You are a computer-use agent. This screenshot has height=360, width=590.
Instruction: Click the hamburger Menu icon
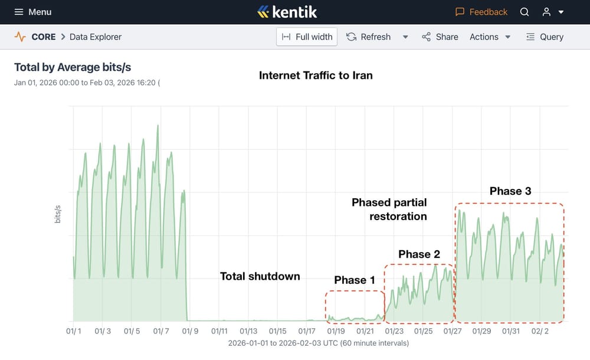pos(19,12)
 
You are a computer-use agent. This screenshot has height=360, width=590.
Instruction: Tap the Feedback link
pos(481,12)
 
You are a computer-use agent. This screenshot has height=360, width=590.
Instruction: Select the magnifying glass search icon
pos(525,12)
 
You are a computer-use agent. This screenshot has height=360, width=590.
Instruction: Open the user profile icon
pos(547,12)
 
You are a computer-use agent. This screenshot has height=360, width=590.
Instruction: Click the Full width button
pos(307,37)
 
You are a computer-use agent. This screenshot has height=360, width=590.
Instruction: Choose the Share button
pos(440,37)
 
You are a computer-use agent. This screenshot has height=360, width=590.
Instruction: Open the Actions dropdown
pos(490,37)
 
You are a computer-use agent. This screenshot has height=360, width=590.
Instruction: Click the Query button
pos(545,37)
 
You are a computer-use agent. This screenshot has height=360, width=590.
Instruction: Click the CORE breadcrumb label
pos(43,37)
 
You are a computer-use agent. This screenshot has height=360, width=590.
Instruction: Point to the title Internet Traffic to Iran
pos(316,75)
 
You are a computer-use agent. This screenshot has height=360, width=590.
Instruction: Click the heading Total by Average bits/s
pos(74,67)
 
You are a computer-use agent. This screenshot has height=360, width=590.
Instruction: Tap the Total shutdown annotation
pos(260,276)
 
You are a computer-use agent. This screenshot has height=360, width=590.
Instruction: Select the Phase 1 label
pos(354,280)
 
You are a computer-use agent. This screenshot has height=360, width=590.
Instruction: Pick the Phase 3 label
pos(510,191)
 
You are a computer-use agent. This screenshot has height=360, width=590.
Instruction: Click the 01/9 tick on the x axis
pos(190,332)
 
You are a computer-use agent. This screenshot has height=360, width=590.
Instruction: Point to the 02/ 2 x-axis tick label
pos(540,332)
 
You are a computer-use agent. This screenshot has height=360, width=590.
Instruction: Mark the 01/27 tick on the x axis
pos(453,332)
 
